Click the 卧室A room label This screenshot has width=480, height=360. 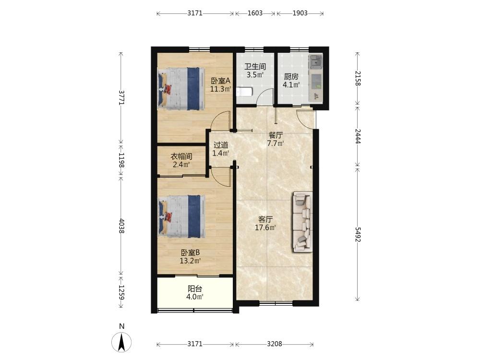(220, 81)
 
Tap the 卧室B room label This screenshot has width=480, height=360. (190, 252)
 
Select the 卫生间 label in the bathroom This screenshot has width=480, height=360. (255, 66)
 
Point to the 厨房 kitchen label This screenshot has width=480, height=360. (291, 76)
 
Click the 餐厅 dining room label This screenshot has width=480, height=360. (276, 135)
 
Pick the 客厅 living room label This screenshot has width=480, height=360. (265, 219)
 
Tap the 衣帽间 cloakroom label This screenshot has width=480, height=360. (181, 156)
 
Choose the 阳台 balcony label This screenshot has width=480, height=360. (195, 288)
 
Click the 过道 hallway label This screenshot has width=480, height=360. (221, 145)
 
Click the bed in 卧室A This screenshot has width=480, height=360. (181, 88)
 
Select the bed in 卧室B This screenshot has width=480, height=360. (181, 216)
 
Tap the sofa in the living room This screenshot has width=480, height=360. (303, 222)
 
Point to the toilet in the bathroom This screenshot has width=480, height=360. (244, 91)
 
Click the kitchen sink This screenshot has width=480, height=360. (315, 61)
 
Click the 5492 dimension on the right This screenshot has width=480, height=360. (358, 234)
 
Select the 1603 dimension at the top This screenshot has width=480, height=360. (255, 13)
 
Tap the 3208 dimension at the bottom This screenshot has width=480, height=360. (274, 344)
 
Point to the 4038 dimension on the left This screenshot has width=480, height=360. (121, 226)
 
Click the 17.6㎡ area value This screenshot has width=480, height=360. (265, 228)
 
